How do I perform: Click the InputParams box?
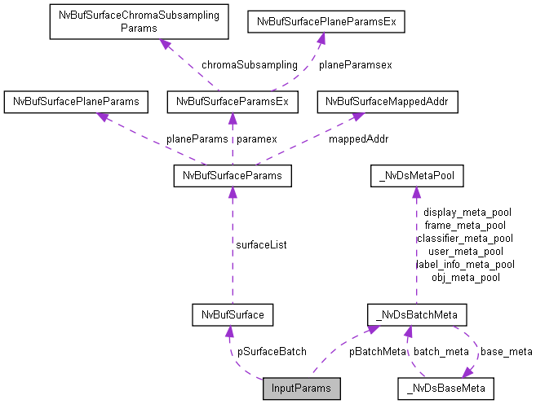click(302, 389)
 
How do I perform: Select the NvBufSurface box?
click(232, 314)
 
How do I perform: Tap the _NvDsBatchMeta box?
click(417, 314)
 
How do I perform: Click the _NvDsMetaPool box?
click(417, 175)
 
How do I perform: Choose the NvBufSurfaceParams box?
click(232, 175)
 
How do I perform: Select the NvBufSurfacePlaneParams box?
click(76, 102)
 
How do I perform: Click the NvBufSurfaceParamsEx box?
click(232, 102)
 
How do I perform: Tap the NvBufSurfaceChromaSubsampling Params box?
click(140, 21)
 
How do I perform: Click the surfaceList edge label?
click(261, 244)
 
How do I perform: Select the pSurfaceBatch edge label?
click(272, 352)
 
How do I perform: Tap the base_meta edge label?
click(506, 352)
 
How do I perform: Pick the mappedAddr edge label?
click(358, 138)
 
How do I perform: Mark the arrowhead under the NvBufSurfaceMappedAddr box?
click(357, 117)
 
